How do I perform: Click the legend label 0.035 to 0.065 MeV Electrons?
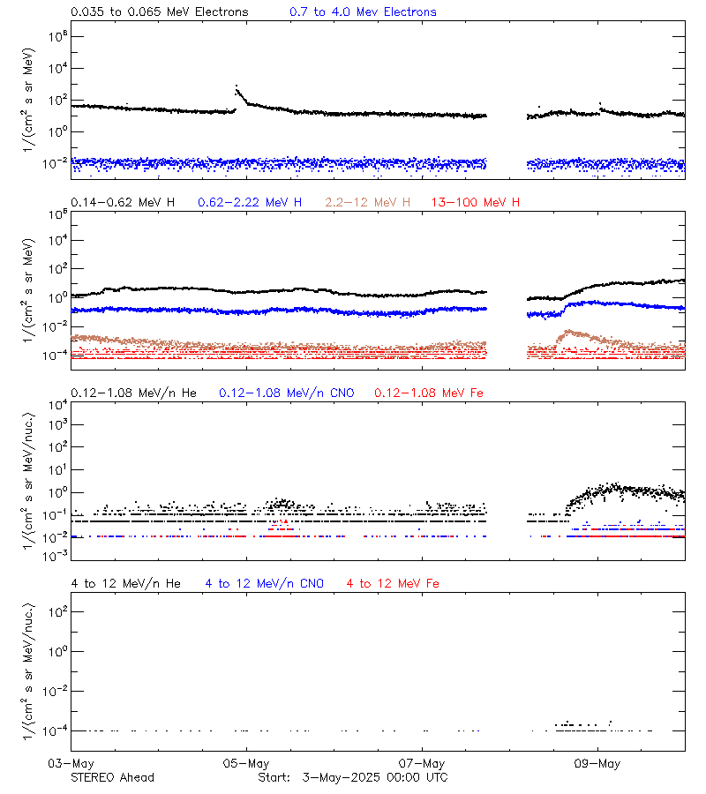[x=159, y=12]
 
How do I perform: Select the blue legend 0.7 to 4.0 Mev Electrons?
[x=363, y=12]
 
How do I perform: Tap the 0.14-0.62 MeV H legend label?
[x=123, y=203]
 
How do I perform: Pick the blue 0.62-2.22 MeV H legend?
[x=250, y=203]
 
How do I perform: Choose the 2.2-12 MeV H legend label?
[x=368, y=203]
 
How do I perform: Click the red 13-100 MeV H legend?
[x=476, y=203]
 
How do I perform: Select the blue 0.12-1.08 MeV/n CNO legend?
[x=287, y=393]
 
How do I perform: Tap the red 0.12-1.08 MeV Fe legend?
[x=429, y=393]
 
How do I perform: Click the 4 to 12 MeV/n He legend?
[x=125, y=583]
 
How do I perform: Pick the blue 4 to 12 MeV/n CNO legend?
[x=265, y=583]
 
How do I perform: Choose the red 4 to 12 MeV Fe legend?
[x=393, y=583]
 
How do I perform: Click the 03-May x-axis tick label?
[x=71, y=763]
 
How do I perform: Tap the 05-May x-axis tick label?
[x=246, y=763]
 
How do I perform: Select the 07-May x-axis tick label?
[x=422, y=763]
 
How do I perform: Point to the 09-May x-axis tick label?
[x=597, y=763]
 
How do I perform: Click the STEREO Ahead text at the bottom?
[x=112, y=777]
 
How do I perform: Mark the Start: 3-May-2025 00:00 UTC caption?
[x=353, y=777]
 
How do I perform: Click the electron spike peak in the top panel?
[x=236, y=86]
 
